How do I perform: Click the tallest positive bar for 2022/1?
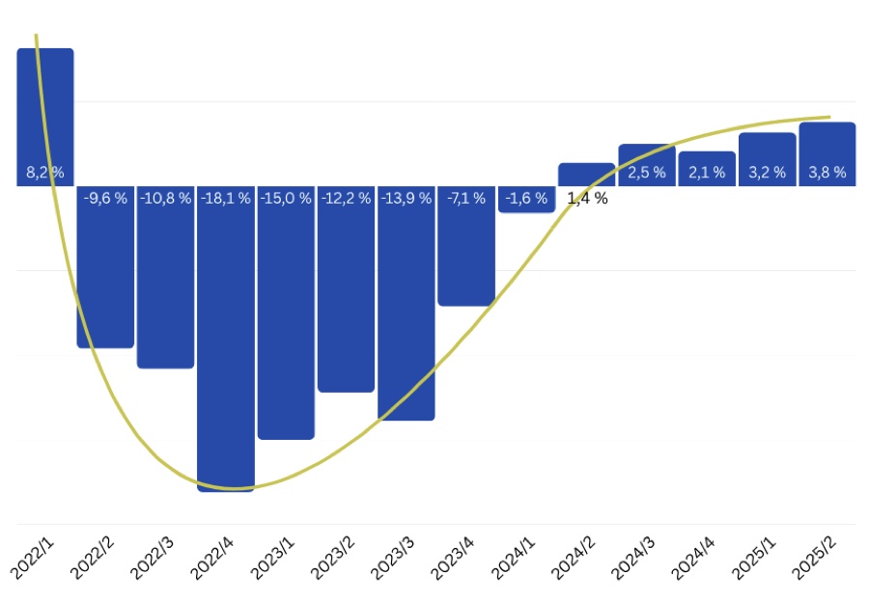(x=45, y=106)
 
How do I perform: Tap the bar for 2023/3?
(x=406, y=309)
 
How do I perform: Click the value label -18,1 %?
(x=226, y=199)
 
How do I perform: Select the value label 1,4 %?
(x=587, y=199)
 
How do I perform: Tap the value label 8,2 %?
(x=45, y=173)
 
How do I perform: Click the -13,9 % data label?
(x=406, y=199)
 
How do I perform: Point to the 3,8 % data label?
(x=827, y=173)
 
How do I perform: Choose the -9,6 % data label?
(x=105, y=199)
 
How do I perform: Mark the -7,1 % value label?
(x=466, y=199)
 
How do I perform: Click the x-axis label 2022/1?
(x=33, y=557)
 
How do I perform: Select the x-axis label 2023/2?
(x=334, y=557)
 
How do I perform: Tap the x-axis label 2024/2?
(x=575, y=557)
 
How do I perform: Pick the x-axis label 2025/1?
(x=755, y=557)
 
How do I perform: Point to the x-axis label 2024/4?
(x=695, y=557)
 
